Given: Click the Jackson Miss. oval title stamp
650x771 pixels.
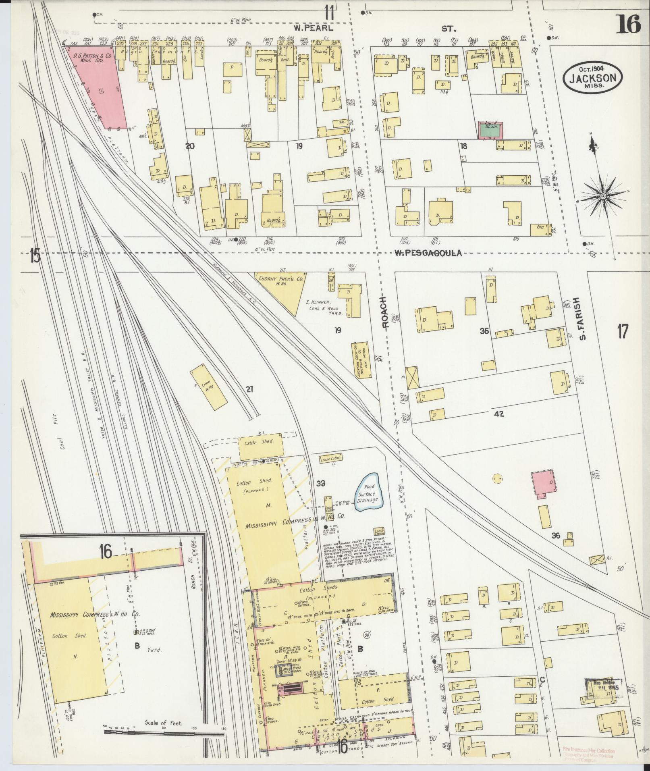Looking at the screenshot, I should [592, 77].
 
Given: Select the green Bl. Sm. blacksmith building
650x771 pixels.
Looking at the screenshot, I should [490, 130].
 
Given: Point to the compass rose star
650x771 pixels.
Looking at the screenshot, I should [603, 196].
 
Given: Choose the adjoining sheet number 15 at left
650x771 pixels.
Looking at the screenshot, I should [35, 256].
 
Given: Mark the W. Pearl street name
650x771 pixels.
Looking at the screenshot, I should [314, 28].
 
